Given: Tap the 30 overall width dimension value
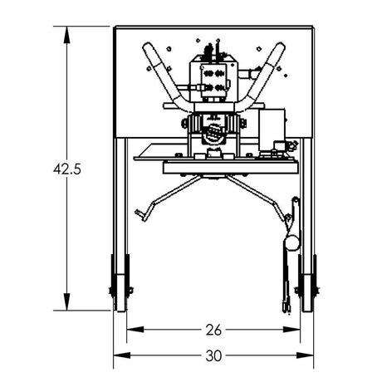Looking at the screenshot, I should (x=215, y=355).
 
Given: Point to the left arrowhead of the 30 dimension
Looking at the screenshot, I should (x=116, y=355).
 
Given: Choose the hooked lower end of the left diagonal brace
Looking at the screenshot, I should (x=143, y=218).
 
